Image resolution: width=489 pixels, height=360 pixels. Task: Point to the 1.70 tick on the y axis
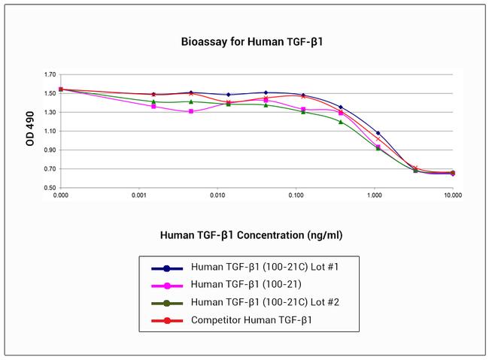pyautogui.click(x=50, y=75)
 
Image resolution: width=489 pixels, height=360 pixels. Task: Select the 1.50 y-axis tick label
pyautogui.click(x=50, y=94)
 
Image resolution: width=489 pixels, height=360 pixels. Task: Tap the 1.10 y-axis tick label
pyautogui.click(x=50, y=132)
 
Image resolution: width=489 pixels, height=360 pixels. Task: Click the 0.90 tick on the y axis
pyautogui.click(x=50, y=150)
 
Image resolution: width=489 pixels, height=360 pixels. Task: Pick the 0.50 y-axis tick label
pyautogui.click(x=50, y=188)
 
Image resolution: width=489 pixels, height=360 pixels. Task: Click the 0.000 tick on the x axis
pyautogui.click(x=61, y=196)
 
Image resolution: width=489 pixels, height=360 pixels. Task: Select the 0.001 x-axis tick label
pyautogui.click(x=139, y=196)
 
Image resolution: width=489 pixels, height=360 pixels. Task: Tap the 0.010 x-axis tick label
pyautogui.click(x=217, y=196)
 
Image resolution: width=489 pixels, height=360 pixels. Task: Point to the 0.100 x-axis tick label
pyautogui.click(x=296, y=196)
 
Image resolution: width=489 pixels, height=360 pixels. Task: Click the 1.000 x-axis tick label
pyautogui.click(x=374, y=196)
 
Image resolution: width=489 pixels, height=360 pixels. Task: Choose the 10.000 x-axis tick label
pyautogui.click(x=451, y=196)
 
